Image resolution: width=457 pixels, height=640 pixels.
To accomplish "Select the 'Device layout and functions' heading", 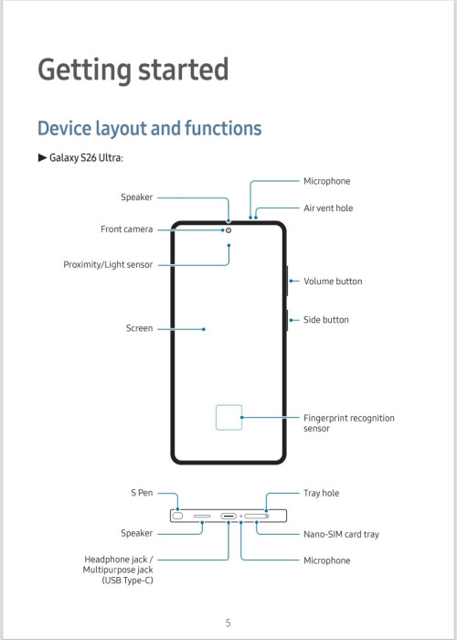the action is [x=149, y=128].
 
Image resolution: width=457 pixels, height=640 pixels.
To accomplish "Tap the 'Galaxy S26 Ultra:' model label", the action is [x=86, y=157].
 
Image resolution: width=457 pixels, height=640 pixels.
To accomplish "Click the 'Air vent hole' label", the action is [x=328, y=208].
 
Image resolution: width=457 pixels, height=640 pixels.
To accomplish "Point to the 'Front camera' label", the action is [x=126, y=229].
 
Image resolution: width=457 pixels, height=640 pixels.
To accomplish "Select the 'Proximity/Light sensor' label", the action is [x=108, y=265].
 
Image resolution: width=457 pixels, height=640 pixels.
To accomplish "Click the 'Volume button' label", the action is [x=333, y=282].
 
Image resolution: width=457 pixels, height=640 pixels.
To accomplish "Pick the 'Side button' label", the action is [x=326, y=320].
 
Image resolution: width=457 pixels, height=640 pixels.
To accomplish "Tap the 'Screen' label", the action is [x=139, y=328].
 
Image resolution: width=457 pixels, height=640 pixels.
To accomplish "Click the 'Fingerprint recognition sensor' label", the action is [x=349, y=423].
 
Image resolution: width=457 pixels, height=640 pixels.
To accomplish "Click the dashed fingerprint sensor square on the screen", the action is [x=228, y=405].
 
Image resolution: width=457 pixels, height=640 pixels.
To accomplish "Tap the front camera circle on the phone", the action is [x=228, y=230].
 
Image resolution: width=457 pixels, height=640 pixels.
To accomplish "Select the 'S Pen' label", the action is [x=142, y=493].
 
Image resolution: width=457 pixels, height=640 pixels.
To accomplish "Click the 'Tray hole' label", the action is [x=321, y=494].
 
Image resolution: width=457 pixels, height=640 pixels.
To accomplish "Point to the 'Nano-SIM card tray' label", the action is [x=341, y=534].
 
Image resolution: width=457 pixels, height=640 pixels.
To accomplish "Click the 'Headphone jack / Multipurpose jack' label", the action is [x=118, y=564].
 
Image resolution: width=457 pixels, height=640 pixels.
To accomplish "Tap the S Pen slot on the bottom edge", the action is [x=177, y=516].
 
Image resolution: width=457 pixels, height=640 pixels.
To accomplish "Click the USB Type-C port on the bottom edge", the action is [x=228, y=517].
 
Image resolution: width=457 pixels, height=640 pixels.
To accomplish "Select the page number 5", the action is [x=228, y=623].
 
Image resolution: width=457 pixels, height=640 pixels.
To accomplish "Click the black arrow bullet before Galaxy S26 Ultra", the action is [x=42, y=157].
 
